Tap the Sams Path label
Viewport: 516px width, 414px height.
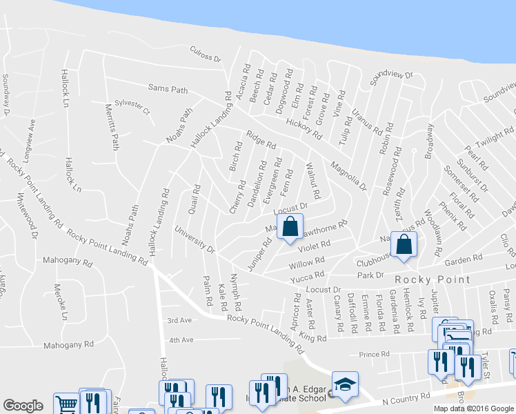pyautogui.click(x=168, y=88)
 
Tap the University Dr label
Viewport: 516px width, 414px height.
pyautogui.click(x=195, y=238)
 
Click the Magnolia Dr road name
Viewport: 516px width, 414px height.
pyautogui.click(x=348, y=176)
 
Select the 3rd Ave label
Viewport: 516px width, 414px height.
pyautogui.click(x=179, y=320)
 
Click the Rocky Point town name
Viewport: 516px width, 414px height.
pyautogui.click(x=433, y=279)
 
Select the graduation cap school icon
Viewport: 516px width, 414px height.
pyautogui.click(x=345, y=384)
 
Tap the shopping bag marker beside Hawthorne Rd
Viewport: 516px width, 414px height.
pyautogui.click(x=290, y=226)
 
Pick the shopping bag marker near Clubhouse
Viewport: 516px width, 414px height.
pyautogui.click(x=404, y=243)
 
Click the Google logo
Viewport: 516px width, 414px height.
pyautogui.click(x=23, y=406)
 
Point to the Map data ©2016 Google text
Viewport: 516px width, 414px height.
pyautogui.click(x=473, y=407)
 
